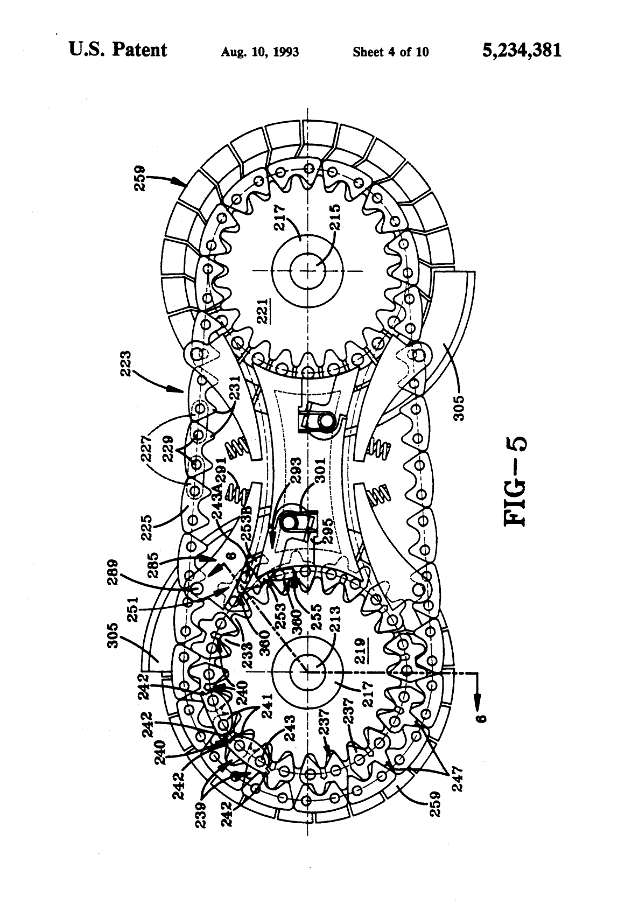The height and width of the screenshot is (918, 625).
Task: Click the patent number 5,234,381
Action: pos(515,51)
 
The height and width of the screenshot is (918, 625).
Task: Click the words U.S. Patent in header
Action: pos(118,50)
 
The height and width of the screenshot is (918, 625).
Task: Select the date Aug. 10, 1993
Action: pos(259,52)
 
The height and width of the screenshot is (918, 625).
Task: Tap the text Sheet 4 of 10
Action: pos(390,52)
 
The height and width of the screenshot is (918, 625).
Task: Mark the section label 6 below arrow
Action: pos(483,714)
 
